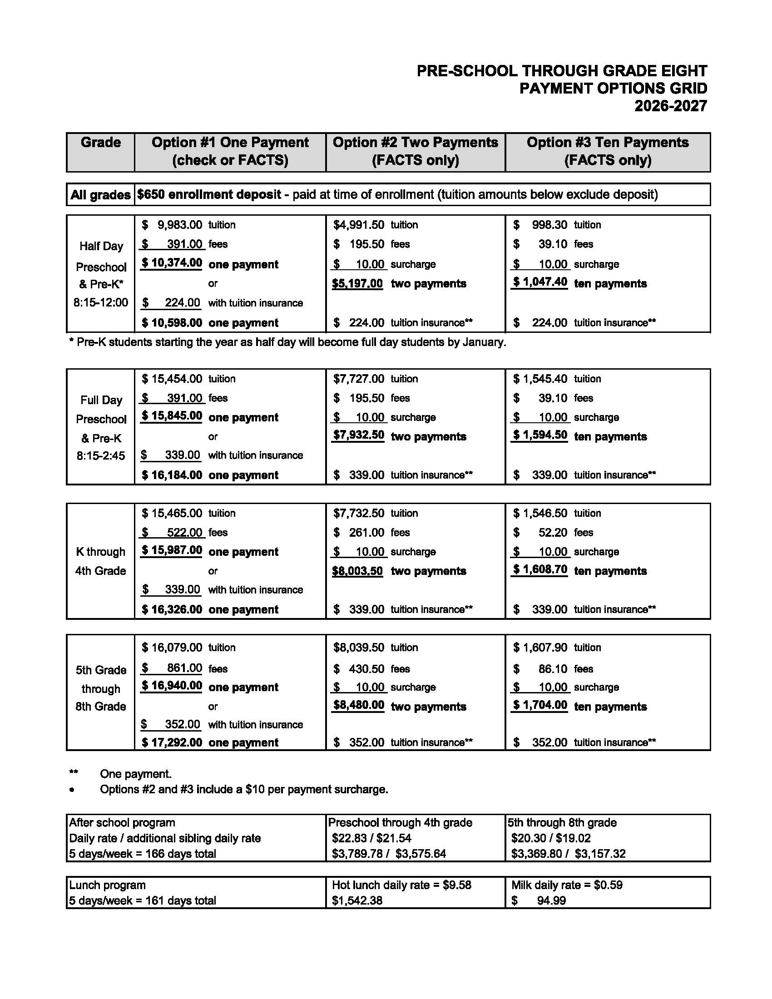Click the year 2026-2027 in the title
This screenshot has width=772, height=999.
pyautogui.click(x=670, y=106)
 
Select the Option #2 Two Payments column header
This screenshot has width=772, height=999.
pyautogui.click(x=415, y=151)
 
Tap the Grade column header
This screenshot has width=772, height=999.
pyautogui.click(x=101, y=143)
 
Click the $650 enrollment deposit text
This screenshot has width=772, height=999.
pyautogui.click(x=209, y=195)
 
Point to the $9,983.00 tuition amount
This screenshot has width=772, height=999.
pyautogui.click(x=173, y=225)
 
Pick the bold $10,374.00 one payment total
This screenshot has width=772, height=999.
pyautogui.click(x=172, y=263)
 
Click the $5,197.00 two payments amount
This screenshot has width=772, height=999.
pyautogui.click(x=357, y=284)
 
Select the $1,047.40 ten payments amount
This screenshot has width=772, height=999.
pyautogui.click(x=540, y=282)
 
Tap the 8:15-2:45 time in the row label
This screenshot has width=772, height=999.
pyautogui.click(x=101, y=456)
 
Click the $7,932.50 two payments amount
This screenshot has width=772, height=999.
pyautogui.click(x=359, y=435)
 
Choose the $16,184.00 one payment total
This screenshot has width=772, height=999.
pyautogui.click(x=172, y=475)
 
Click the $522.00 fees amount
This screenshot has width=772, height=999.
pyautogui.click(x=173, y=533)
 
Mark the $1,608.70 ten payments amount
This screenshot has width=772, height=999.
pyautogui.click(x=540, y=569)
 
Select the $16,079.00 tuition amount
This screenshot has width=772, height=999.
pyautogui.click(x=172, y=648)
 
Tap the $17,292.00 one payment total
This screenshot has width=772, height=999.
pyautogui.click(x=172, y=742)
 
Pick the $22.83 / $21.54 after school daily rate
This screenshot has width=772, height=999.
pyautogui.click(x=371, y=838)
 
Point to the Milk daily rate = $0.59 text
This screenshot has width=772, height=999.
pyautogui.click(x=567, y=885)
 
